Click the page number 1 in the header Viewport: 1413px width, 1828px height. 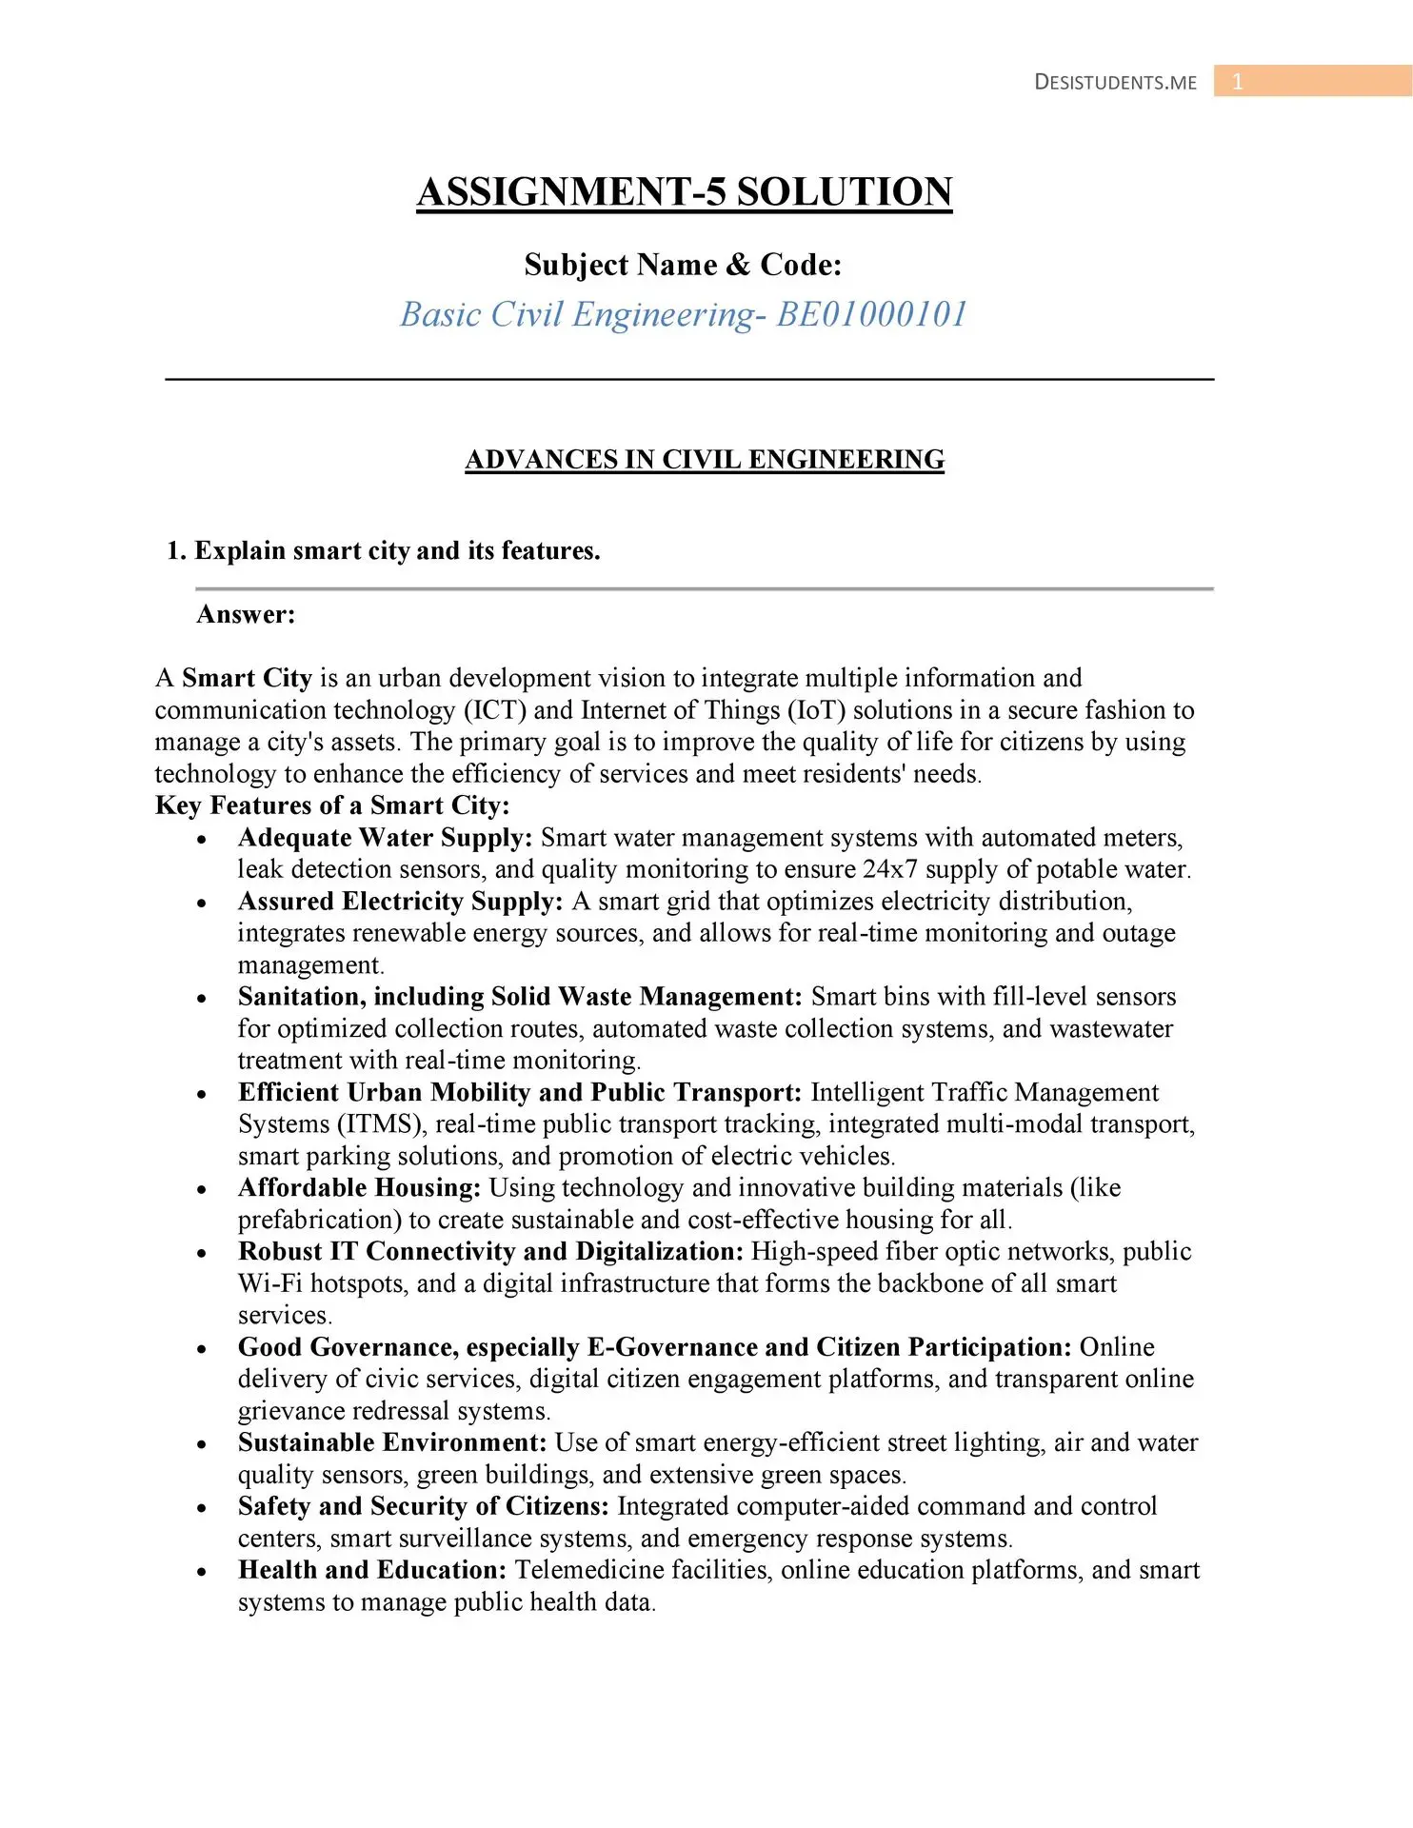point(1237,82)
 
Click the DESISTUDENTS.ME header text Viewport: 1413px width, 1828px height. point(1115,82)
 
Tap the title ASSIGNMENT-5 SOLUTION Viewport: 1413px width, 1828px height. point(684,192)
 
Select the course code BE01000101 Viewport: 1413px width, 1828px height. point(872,314)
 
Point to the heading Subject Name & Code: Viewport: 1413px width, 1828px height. point(683,265)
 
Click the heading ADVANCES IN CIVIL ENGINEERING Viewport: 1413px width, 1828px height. point(705,460)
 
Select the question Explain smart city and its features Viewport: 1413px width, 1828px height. point(397,551)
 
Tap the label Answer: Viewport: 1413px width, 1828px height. point(246,614)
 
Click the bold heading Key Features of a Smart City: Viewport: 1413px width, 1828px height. point(332,805)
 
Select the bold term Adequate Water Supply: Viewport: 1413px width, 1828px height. point(385,838)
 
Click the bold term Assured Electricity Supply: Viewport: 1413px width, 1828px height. point(400,902)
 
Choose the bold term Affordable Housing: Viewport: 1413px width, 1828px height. point(359,1188)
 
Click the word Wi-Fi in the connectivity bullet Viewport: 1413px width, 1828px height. point(270,1283)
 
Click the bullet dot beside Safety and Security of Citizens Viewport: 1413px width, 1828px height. point(202,1508)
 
